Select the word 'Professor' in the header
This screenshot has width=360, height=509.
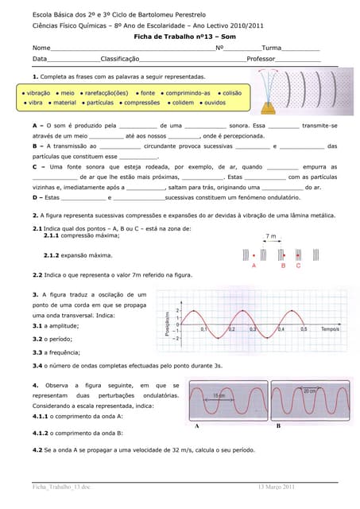tap(261, 60)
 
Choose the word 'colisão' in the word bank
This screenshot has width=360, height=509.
tap(231, 93)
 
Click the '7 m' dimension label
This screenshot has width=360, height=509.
tap(270, 236)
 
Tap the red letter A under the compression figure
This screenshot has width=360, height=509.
tap(254, 266)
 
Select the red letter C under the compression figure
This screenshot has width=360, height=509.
tap(298, 266)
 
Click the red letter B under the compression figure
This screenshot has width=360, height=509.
tap(283, 266)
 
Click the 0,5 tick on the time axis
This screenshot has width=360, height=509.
tap(303, 328)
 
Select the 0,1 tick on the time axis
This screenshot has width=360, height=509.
tap(203, 328)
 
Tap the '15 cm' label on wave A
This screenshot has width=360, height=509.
tap(220, 396)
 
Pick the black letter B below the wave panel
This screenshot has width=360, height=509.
tap(279, 426)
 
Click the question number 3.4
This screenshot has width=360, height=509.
tap(38, 365)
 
